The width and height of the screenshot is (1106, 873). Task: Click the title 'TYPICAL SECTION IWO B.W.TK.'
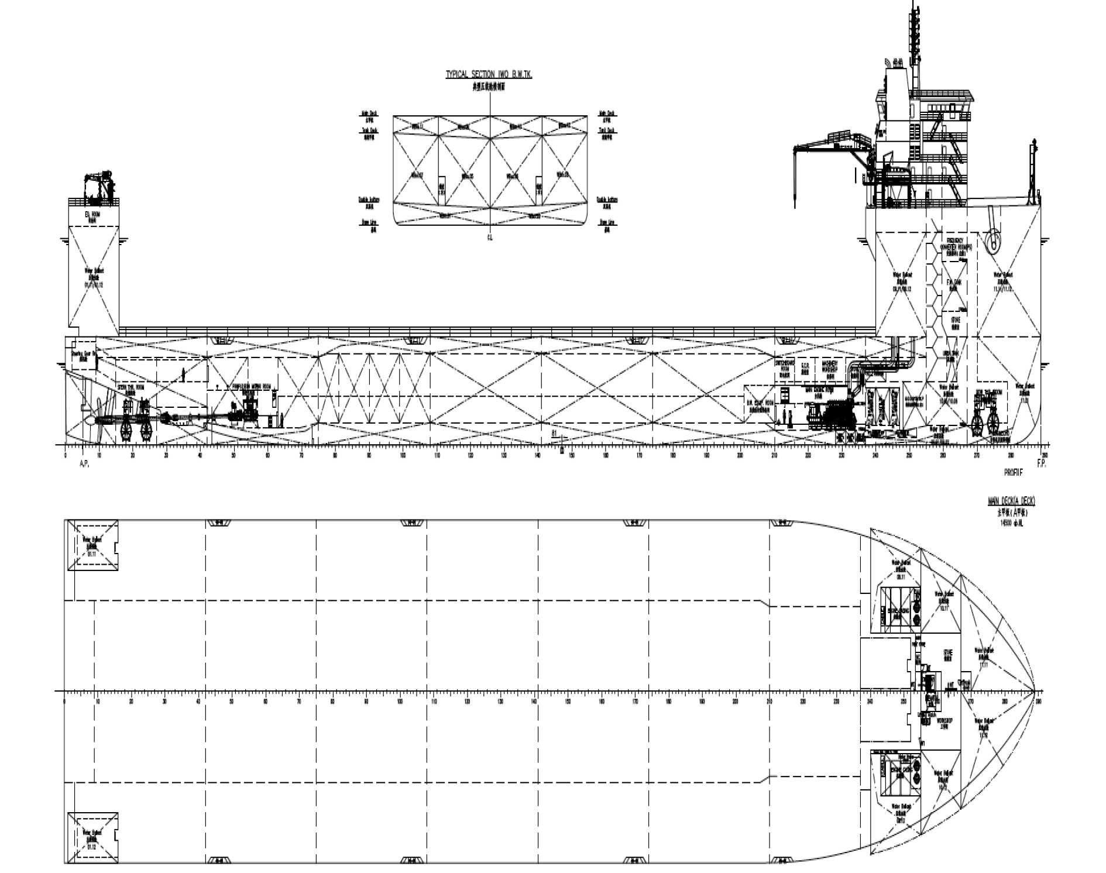pos(489,75)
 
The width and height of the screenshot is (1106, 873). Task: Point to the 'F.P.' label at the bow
pos(1041,463)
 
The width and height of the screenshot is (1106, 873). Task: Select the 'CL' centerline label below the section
pos(490,238)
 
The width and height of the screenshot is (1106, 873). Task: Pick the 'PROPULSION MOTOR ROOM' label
pos(252,387)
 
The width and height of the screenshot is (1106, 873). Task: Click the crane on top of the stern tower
pos(98,184)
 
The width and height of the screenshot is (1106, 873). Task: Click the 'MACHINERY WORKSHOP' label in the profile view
pos(830,366)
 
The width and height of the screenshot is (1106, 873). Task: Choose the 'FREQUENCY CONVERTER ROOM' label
pos(956,244)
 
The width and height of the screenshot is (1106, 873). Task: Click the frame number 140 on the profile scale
pos(538,455)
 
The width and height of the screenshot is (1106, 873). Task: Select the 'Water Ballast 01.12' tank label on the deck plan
pos(92,838)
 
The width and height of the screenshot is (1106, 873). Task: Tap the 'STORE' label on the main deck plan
pos(948,654)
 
